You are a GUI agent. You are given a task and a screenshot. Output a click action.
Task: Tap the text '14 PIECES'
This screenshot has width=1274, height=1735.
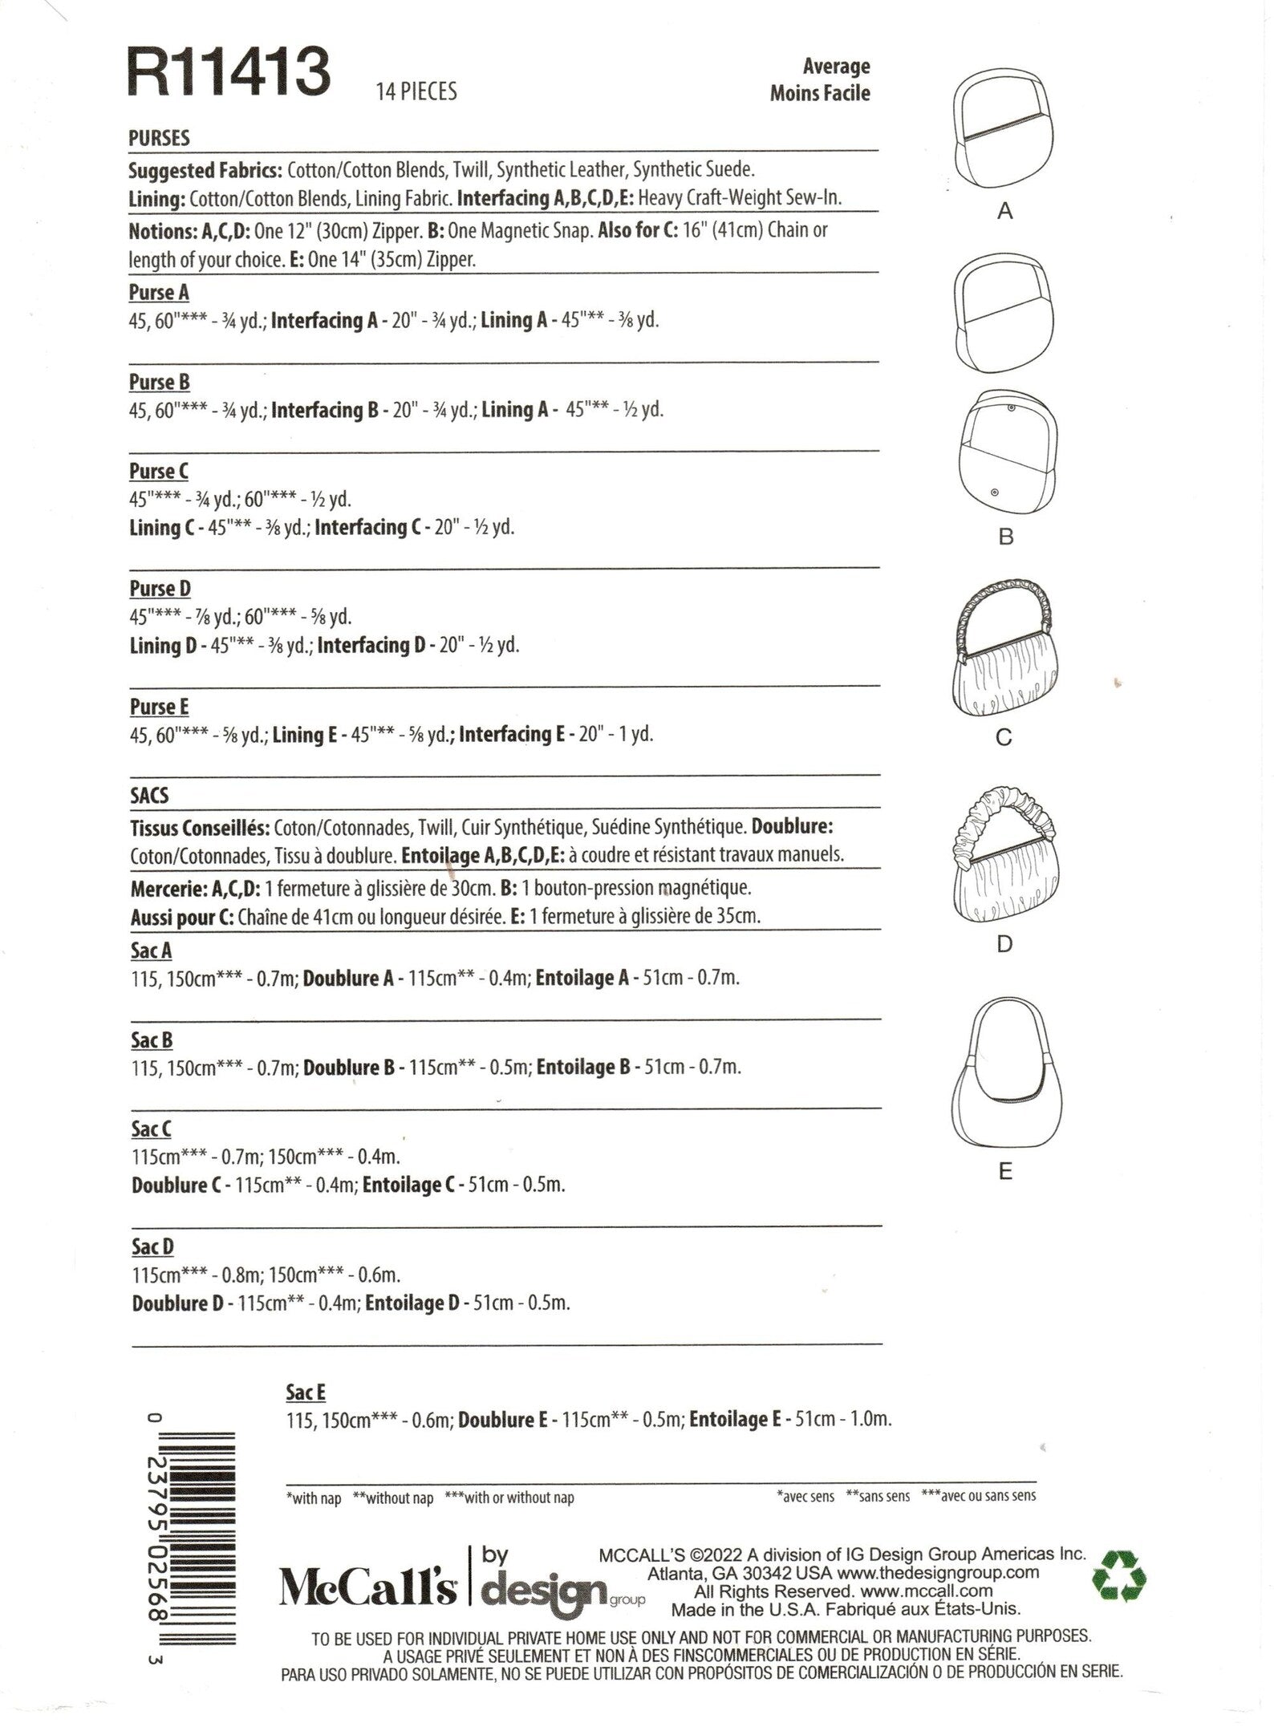point(416,92)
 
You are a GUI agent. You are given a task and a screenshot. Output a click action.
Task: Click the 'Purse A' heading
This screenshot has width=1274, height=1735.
point(159,293)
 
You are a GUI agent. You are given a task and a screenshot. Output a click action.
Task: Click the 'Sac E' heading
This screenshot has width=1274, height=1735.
point(306,1392)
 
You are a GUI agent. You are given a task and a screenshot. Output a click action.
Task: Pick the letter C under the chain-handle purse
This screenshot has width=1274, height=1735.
point(1004,736)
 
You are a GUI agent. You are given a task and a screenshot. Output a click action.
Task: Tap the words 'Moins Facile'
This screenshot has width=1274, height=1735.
point(819,93)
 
